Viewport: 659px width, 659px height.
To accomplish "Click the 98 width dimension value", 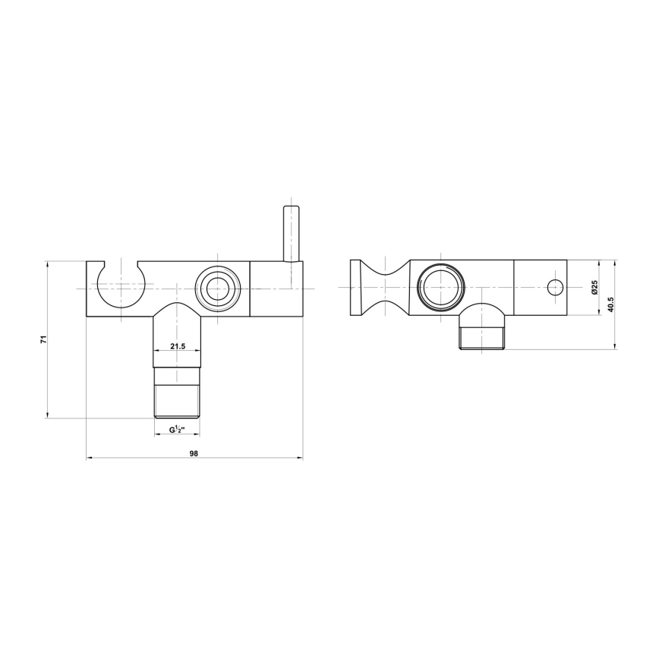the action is (194, 453).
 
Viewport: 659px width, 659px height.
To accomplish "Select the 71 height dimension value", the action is (43, 339).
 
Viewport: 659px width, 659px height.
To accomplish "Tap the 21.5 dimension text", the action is (178, 346).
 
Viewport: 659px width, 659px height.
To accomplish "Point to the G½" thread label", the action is (178, 430).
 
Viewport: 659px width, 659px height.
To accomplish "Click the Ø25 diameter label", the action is (594, 287).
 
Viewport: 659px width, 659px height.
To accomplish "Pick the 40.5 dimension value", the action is (610, 304).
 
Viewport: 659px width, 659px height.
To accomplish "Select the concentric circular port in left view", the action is (218, 289).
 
